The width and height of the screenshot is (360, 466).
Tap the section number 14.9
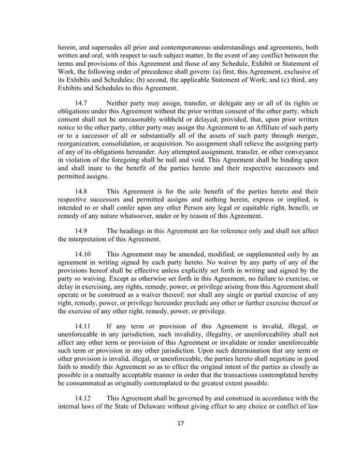81,231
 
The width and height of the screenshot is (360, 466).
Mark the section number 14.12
83,398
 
